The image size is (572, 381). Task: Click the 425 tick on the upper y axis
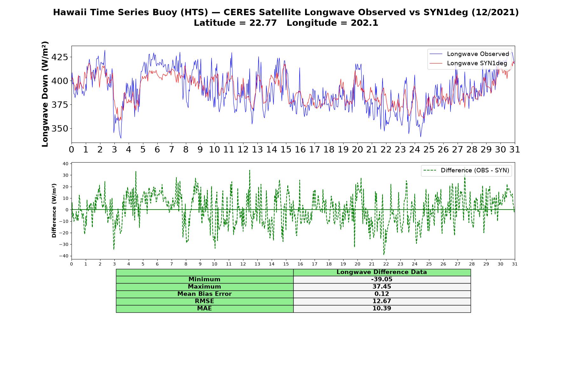point(59,57)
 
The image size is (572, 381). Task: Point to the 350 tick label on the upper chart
point(59,129)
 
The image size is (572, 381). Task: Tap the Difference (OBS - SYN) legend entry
point(466,170)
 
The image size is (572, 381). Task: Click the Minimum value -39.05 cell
point(382,279)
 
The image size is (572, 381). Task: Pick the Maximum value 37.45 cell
point(382,287)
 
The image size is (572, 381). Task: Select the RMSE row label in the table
point(204,301)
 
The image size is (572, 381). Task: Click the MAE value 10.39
point(382,309)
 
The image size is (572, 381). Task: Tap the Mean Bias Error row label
point(204,294)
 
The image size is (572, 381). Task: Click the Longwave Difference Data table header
point(382,272)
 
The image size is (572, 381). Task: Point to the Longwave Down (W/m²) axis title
point(45,94)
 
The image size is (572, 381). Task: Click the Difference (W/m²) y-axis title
point(54,211)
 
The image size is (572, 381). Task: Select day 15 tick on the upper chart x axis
point(286,149)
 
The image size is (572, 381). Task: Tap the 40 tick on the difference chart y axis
point(66,164)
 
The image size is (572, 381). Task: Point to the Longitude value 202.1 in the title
point(364,23)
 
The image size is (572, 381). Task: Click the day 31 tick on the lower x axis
point(515,264)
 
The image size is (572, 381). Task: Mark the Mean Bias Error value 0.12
point(382,294)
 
